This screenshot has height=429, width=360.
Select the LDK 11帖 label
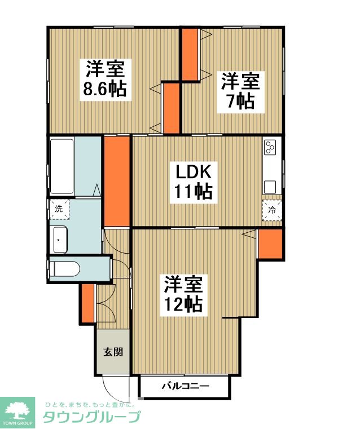[194, 182]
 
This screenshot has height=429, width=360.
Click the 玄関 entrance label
[113, 352]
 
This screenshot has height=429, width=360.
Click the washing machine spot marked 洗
[59, 209]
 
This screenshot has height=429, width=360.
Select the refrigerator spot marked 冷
[271, 210]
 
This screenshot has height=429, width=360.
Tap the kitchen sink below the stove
[270, 187]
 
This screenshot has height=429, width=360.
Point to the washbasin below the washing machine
[60, 240]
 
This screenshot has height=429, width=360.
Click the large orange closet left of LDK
[117, 181]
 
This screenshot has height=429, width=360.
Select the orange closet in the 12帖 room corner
[270, 244]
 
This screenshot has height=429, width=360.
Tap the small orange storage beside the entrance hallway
[88, 303]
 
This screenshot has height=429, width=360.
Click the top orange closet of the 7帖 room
[190, 55]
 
